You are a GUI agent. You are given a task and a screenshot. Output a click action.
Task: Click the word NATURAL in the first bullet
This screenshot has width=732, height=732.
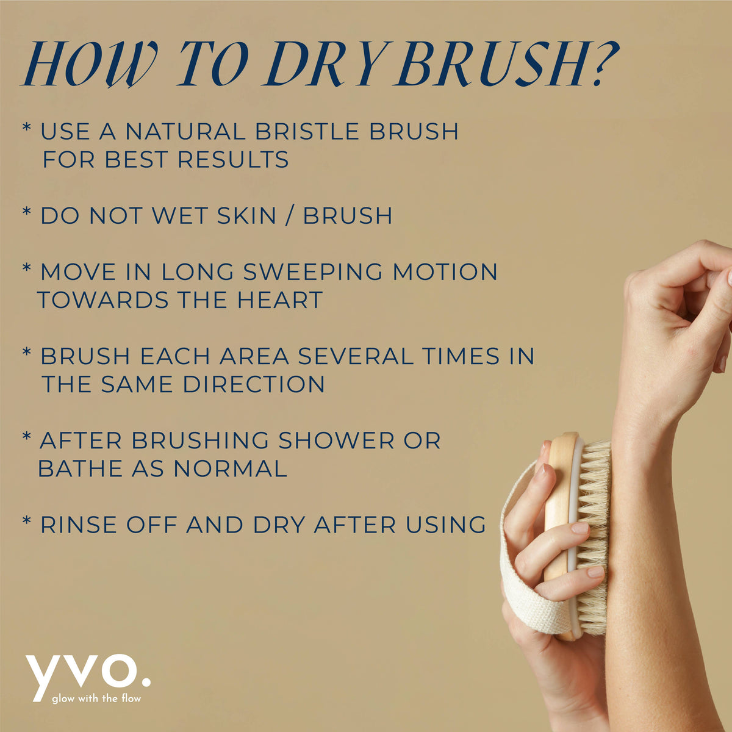pos(185,131)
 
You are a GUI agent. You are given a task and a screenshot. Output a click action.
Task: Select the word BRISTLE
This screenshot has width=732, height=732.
pos(307,131)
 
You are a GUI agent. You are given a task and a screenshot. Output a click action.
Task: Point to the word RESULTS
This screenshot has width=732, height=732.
pos(233,159)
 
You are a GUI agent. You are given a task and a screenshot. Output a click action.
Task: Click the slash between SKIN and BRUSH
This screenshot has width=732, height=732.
pos(289,215)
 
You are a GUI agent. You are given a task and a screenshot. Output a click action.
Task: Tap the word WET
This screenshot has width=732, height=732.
pos(180,215)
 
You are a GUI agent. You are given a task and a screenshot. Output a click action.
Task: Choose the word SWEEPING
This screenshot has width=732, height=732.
pos(313,271)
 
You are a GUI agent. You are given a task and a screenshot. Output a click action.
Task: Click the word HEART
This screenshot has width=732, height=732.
pos(280,300)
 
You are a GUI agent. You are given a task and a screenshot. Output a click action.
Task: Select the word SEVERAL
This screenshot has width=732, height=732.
pos(356,356)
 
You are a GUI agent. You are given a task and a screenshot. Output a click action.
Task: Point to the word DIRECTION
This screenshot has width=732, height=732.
pos(254,384)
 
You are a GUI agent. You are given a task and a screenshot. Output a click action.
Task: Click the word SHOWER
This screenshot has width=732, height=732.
pos(336,440)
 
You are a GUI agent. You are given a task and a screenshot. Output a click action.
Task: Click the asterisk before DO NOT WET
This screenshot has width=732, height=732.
pos(27,211)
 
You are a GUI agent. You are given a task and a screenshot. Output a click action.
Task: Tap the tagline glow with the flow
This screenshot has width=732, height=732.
pos(96,698)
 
